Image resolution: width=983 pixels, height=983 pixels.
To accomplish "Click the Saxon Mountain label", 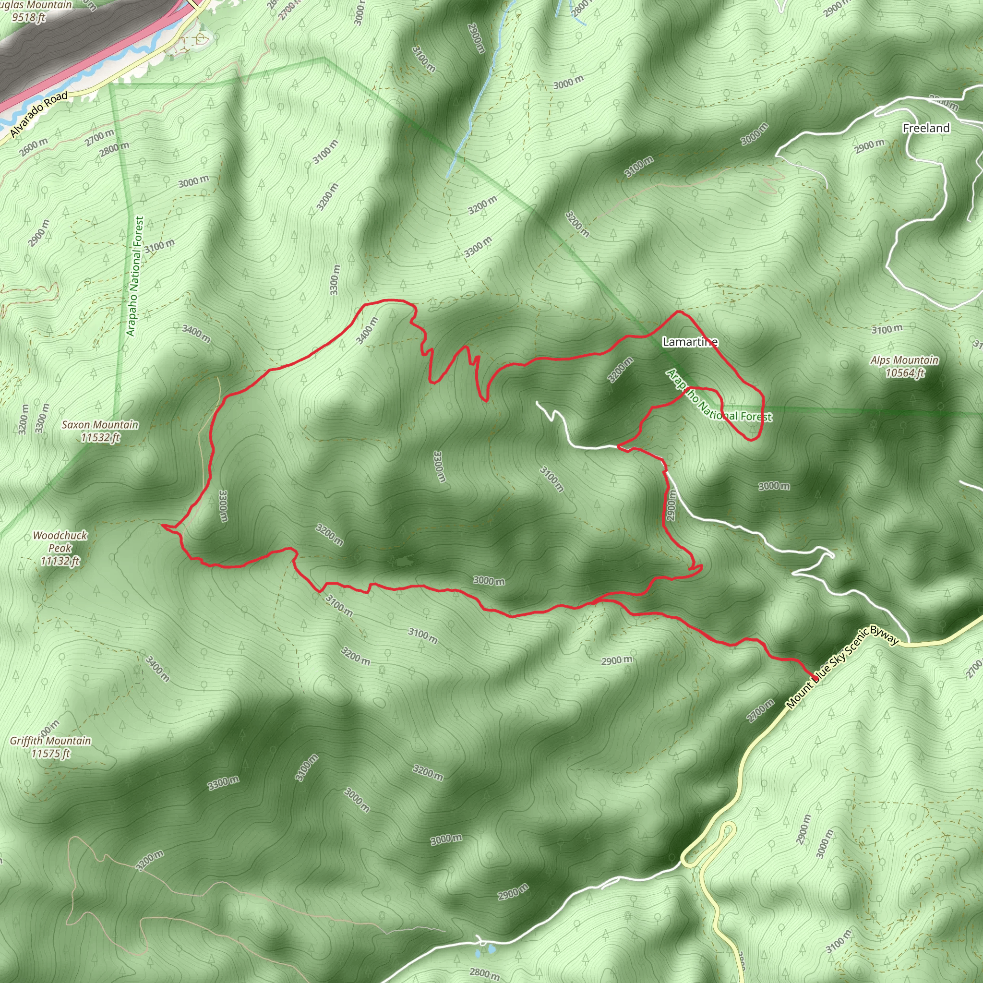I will point(100,425).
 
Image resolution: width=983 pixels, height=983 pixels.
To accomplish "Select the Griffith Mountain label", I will point(50,741).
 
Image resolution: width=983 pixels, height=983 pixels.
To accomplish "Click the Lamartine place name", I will point(690,342).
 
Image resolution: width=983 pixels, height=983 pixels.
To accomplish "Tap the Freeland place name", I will point(926,128).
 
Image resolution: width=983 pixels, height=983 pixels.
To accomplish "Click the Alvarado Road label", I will point(39,115).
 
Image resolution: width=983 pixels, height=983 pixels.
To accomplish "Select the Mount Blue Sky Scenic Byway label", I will point(842,666).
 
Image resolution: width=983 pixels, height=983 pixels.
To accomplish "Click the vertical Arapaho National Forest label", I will point(135,276).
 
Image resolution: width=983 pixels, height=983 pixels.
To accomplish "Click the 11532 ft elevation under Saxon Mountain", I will point(100,438).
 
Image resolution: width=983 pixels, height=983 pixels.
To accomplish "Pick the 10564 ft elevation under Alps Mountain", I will point(904,373).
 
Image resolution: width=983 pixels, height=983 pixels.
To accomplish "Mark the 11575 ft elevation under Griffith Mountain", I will point(50,754).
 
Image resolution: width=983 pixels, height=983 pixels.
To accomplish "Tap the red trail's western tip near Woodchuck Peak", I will point(162,524).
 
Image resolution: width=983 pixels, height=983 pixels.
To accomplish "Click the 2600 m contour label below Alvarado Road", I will point(34,147).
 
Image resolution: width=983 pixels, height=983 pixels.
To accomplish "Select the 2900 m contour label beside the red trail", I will point(671,505).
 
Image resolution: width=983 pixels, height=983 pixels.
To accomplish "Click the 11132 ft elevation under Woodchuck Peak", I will point(60,561).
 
